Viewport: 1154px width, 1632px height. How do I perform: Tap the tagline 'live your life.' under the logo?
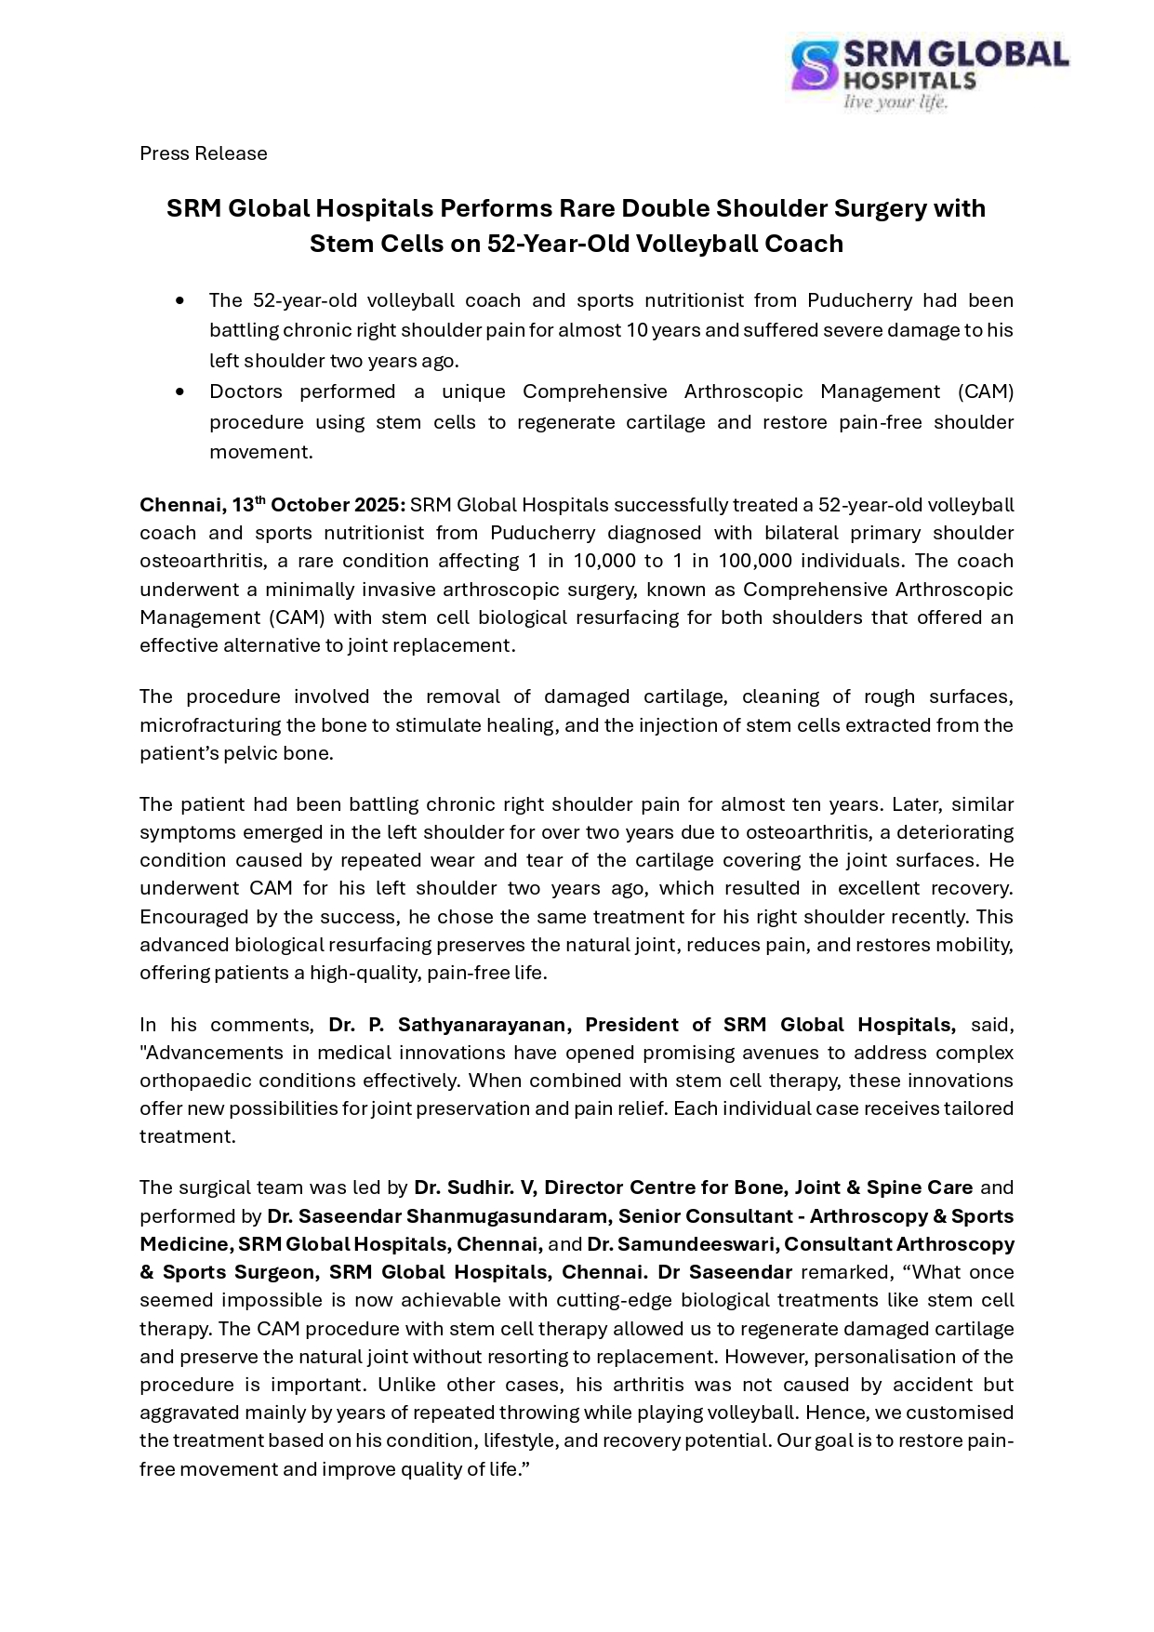[895, 102]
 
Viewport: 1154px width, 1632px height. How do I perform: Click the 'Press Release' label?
[204, 153]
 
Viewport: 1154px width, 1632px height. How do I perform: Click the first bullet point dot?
[179, 300]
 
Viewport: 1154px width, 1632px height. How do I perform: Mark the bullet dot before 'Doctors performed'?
[179, 391]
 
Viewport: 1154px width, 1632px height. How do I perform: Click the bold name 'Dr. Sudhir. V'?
[473, 1188]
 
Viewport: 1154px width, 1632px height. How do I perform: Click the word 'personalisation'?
[891, 1357]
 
